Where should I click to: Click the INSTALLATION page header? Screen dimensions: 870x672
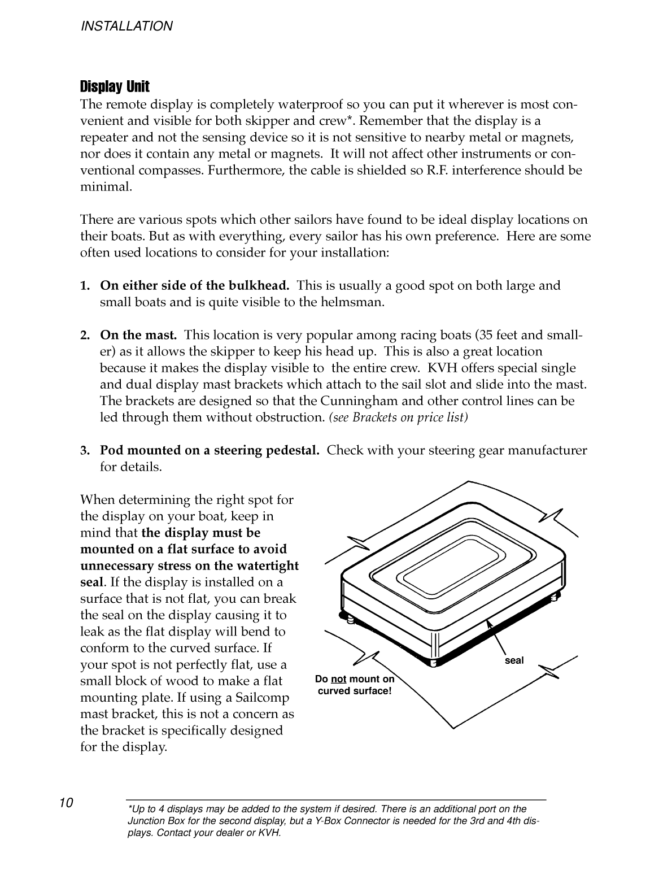[x=126, y=26]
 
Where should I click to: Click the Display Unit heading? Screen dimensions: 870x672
[x=115, y=86]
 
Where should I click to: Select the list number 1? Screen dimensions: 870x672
[x=85, y=286]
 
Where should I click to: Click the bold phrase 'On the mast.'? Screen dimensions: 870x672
[x=138, y=335]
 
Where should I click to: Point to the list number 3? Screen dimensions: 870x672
[x=85, y=451]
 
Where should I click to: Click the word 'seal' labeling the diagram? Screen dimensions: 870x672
[x=514, y=660]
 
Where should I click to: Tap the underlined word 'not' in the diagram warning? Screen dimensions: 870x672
[x=338, y=679]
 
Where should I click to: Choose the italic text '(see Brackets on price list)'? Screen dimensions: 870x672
[x=398, y=417]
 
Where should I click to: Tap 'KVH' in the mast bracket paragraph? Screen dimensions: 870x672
[x=442, y=368]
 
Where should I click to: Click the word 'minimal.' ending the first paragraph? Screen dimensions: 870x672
[x=106, y=187]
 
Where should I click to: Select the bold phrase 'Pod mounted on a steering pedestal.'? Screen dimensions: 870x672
[x=210, y=451]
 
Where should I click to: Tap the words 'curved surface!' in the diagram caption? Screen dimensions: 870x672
[x=355, y=691]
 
